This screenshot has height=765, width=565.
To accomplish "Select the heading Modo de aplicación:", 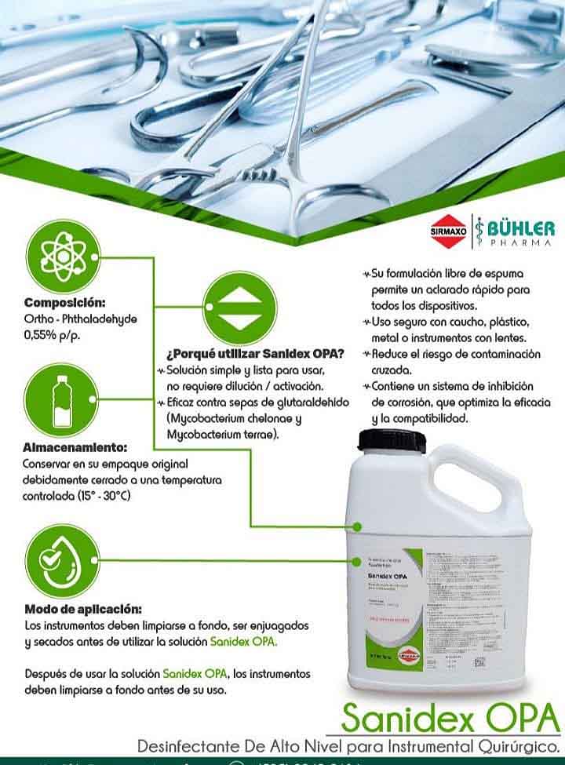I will point(83,608).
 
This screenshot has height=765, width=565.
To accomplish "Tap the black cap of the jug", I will point(392,440).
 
